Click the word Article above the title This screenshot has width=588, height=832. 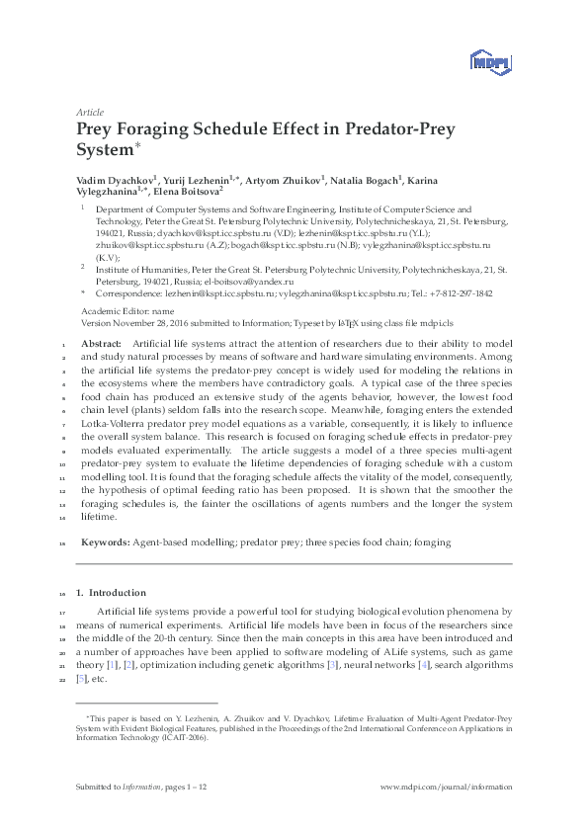[90, 113]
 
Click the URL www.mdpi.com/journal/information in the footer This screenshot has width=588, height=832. [447, 788]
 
